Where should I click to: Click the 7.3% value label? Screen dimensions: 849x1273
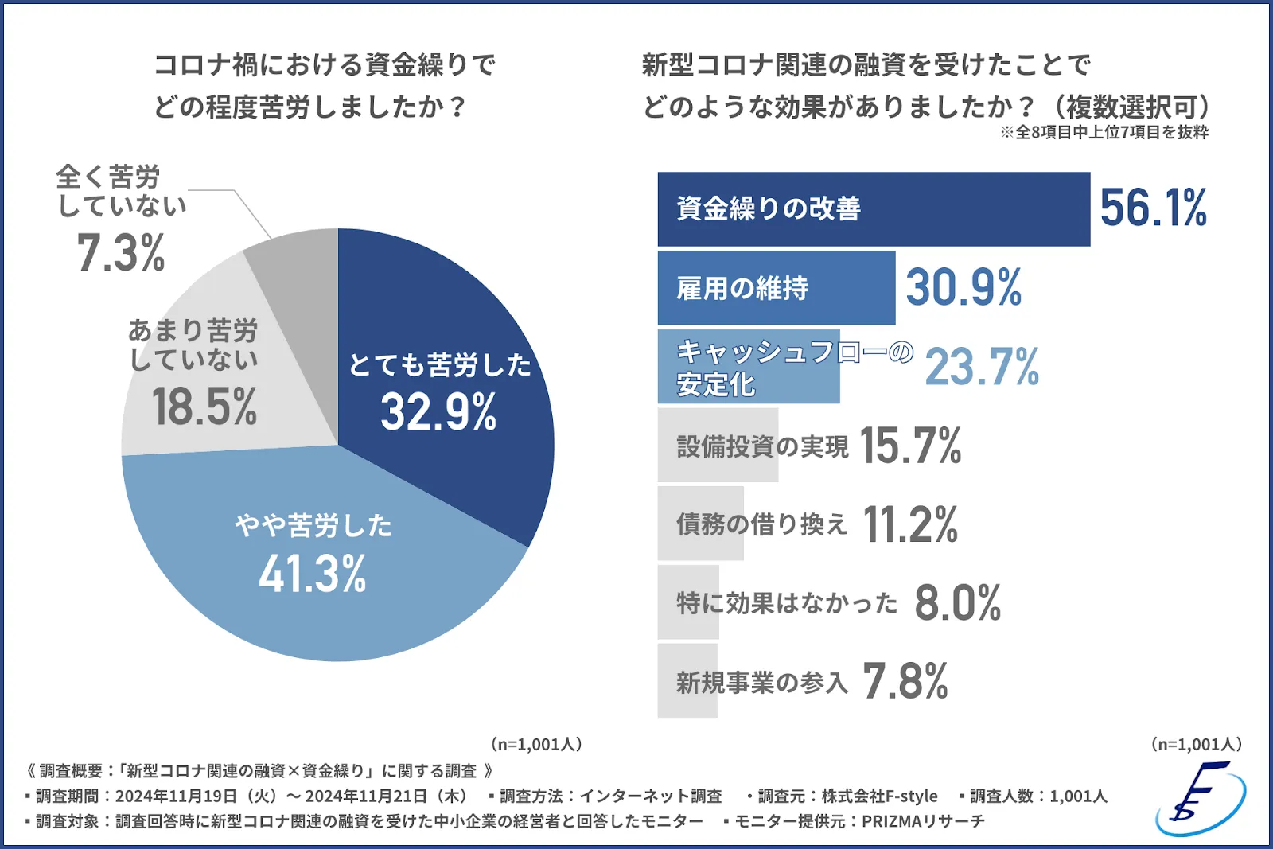click(x=121, y=253)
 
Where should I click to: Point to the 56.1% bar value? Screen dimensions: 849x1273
click(x=1153, y=208)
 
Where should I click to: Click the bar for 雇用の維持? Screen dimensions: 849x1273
click(x=776, y=288)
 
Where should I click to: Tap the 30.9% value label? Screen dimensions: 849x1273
click(x=964, y=287)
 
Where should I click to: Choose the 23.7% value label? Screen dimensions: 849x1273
click(x=982, y=367)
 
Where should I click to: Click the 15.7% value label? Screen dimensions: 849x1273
click(x=910, y=446)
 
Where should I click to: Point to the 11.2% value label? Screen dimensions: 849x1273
click(x=910, y=524)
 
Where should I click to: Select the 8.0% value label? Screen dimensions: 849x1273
click(x=957, y=603)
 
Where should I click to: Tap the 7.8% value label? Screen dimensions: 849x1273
click(x=905, y=681)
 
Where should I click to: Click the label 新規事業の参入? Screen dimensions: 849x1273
click(x=761, y=682)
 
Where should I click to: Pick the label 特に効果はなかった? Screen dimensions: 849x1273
click(x=786, y=603)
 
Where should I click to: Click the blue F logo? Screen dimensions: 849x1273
click(x=1201, y=799)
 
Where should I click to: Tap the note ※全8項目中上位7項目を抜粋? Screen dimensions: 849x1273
click(x=1104, y=133)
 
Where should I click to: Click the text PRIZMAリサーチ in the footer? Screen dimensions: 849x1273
click(x=923, y=821)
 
